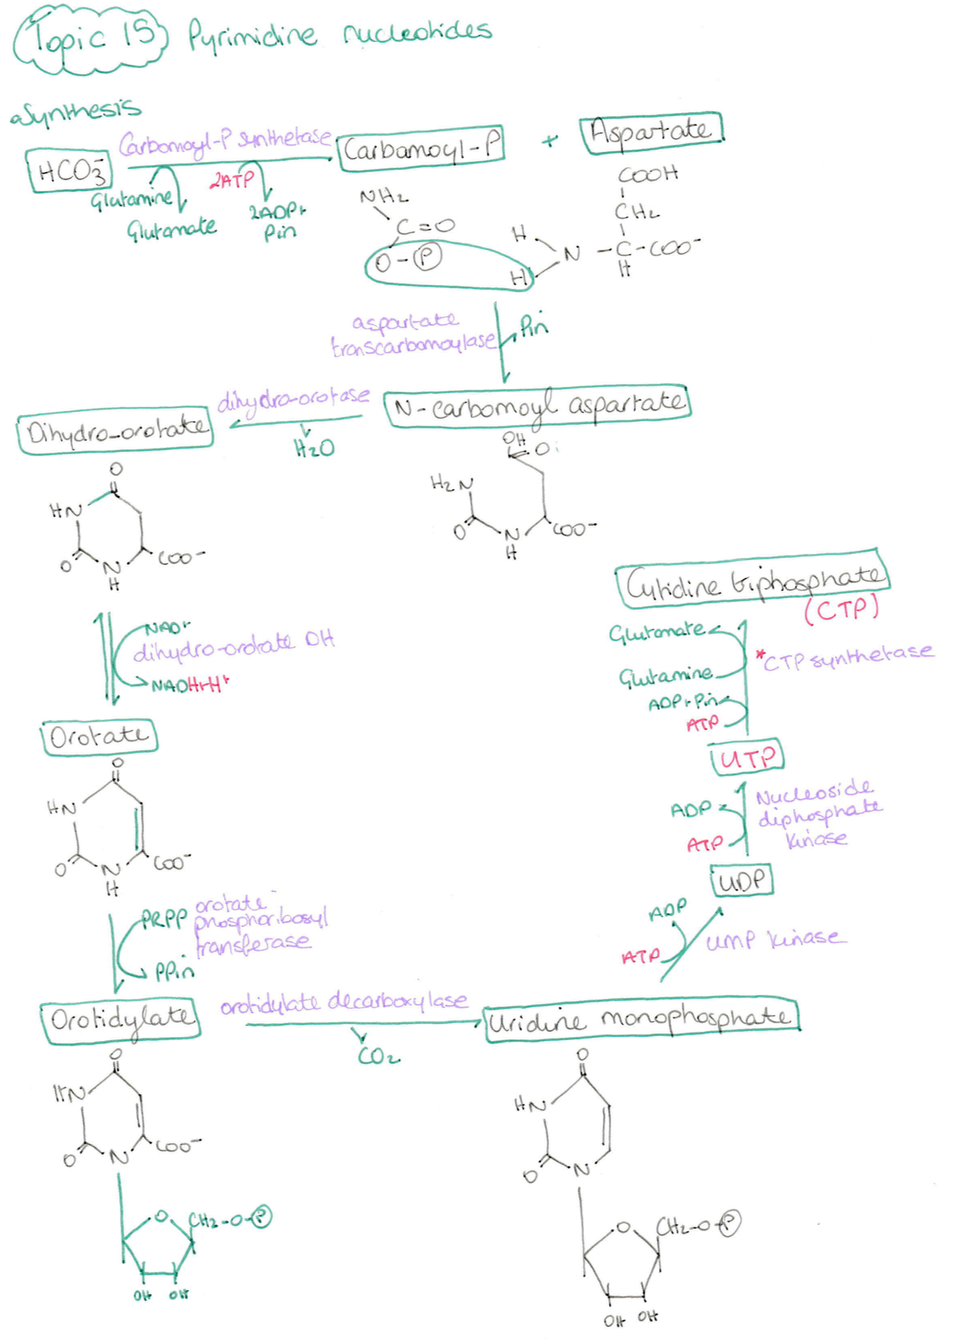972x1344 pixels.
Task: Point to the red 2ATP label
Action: point(232,181)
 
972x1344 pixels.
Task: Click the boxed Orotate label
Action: point(99,736)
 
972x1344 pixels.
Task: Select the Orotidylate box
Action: point(121,1020)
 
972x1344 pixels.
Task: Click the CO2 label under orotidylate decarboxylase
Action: point(379,1055)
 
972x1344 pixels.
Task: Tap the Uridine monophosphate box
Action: point(641,1020)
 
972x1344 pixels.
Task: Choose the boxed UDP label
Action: point(741,881)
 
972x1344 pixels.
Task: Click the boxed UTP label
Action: point(746,757)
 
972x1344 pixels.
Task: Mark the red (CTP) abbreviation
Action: point(841,609)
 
